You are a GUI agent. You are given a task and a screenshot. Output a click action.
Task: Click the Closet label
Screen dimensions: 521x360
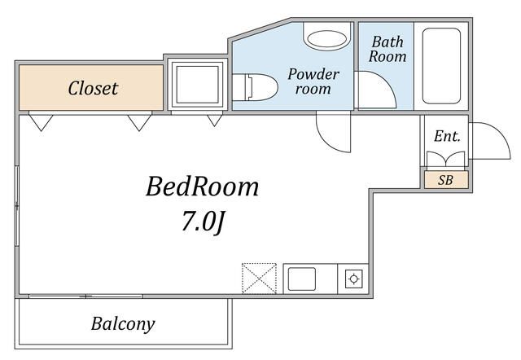[93, 89]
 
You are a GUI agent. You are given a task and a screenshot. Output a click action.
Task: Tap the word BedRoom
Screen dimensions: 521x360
[203, 187]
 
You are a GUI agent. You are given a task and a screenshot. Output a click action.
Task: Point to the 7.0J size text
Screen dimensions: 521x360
[203, 222]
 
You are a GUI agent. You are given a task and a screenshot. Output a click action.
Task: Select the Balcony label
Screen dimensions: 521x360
[123, 324]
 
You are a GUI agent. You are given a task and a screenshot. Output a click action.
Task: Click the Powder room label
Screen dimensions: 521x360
[313, 81]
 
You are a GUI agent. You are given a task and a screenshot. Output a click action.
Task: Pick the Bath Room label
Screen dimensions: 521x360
[387, 49]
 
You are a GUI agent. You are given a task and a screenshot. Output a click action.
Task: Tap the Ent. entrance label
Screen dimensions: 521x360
[447, 136]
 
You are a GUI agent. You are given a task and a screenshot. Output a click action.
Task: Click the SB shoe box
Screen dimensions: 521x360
[446, 180]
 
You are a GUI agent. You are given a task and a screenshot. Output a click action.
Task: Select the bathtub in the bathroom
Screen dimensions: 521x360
[441, 66]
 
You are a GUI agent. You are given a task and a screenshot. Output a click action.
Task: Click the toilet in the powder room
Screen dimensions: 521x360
[255, 87]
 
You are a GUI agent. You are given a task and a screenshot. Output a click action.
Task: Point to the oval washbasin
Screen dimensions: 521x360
[327, 38]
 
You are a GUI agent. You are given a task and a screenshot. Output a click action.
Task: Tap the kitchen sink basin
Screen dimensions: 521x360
[302, 279]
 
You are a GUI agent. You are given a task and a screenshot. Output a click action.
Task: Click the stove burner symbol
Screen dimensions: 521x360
[353, 279]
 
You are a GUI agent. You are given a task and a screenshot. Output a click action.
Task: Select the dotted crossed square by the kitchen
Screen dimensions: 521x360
[259, 279]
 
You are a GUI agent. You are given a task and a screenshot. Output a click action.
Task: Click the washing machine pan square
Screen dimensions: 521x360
[197, 85]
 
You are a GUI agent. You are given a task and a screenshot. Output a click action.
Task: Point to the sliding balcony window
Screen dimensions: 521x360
[85, 296]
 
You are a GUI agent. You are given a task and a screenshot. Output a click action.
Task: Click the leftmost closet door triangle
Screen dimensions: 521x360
[41, 121]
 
